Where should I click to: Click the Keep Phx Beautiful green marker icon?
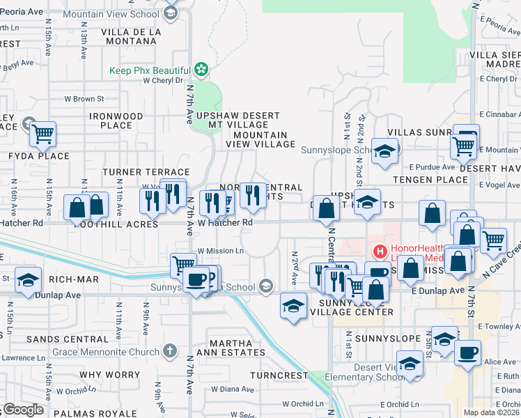[201, 70]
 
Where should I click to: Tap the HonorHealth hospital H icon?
[380, 251]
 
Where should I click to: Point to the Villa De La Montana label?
[131, 37]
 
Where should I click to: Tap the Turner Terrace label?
[146, 172]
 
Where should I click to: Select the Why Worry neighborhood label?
[106, 375]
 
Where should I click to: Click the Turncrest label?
[279, 375]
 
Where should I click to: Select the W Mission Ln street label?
[221, 251]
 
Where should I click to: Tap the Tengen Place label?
[430, 179]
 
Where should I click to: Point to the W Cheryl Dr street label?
[162, 80]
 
